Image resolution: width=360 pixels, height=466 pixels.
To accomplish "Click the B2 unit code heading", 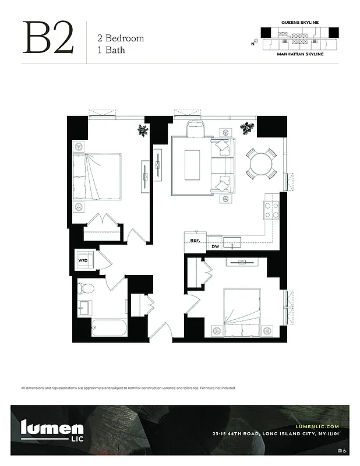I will pos(49,38).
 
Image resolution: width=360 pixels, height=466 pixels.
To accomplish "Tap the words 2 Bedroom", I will pos(120,38).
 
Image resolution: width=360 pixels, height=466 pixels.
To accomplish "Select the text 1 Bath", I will pos(111,50).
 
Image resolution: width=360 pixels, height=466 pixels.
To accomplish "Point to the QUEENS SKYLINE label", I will pos(299,22).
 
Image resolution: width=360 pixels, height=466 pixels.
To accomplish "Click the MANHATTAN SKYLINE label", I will pos(299,54).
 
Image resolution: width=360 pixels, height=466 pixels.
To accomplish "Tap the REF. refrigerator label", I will pos(195,240).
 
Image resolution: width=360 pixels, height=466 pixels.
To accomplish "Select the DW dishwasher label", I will pos(215,246).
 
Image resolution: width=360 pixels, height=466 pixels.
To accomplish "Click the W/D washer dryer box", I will pos(82,260).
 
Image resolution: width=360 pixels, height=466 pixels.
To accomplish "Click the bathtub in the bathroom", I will pos(109,328).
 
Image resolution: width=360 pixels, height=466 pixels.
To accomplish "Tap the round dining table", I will pos(262,163).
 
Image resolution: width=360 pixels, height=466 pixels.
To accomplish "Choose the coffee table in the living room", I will pos(192,165).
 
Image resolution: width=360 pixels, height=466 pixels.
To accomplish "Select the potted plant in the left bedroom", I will pos(142,130).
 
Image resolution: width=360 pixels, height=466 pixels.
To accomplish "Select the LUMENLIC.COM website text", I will pos(317,427).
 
